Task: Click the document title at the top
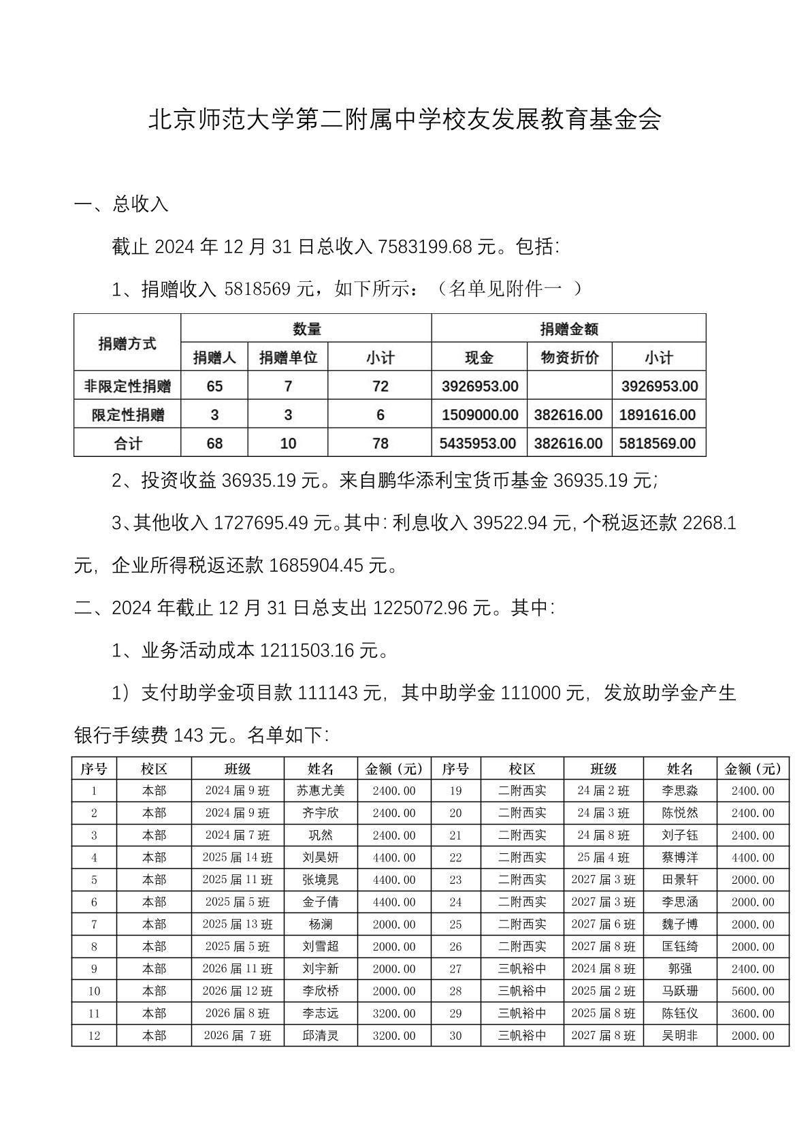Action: pyautogui.click(x=404, y=121)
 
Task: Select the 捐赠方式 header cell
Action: pyautogui.click(x=127, y=343)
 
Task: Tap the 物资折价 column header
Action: pyautogui.click(x=569, y=357)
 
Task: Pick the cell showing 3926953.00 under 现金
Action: pyautogui.click(x=479, y=387)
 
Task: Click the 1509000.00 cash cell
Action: pyautogui.click(x=479, y=415)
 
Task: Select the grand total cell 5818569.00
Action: pyautogui.click(x=658, y=444)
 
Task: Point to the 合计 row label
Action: pyautogui.click(x=127, y=444)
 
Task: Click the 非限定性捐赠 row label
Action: pyautogui.click(x=127, y=387)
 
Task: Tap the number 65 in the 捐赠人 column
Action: pyautogui.click(x=214, y=387)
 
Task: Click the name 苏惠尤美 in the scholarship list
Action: pyautogui.click(x=321, y=791)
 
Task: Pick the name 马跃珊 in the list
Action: pyautogui.click(x=679, y=991)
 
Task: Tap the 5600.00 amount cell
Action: pyautogui.click(x=753, y=991)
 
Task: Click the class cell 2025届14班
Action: pyautogui.click(x=237, y=857)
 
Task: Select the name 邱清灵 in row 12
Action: pyautogui.click(x=321, y=1036)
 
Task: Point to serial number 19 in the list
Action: pyautogui.click(x=455, y=791)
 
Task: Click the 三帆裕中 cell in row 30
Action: pyautogui.click(x=521, y=1036)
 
